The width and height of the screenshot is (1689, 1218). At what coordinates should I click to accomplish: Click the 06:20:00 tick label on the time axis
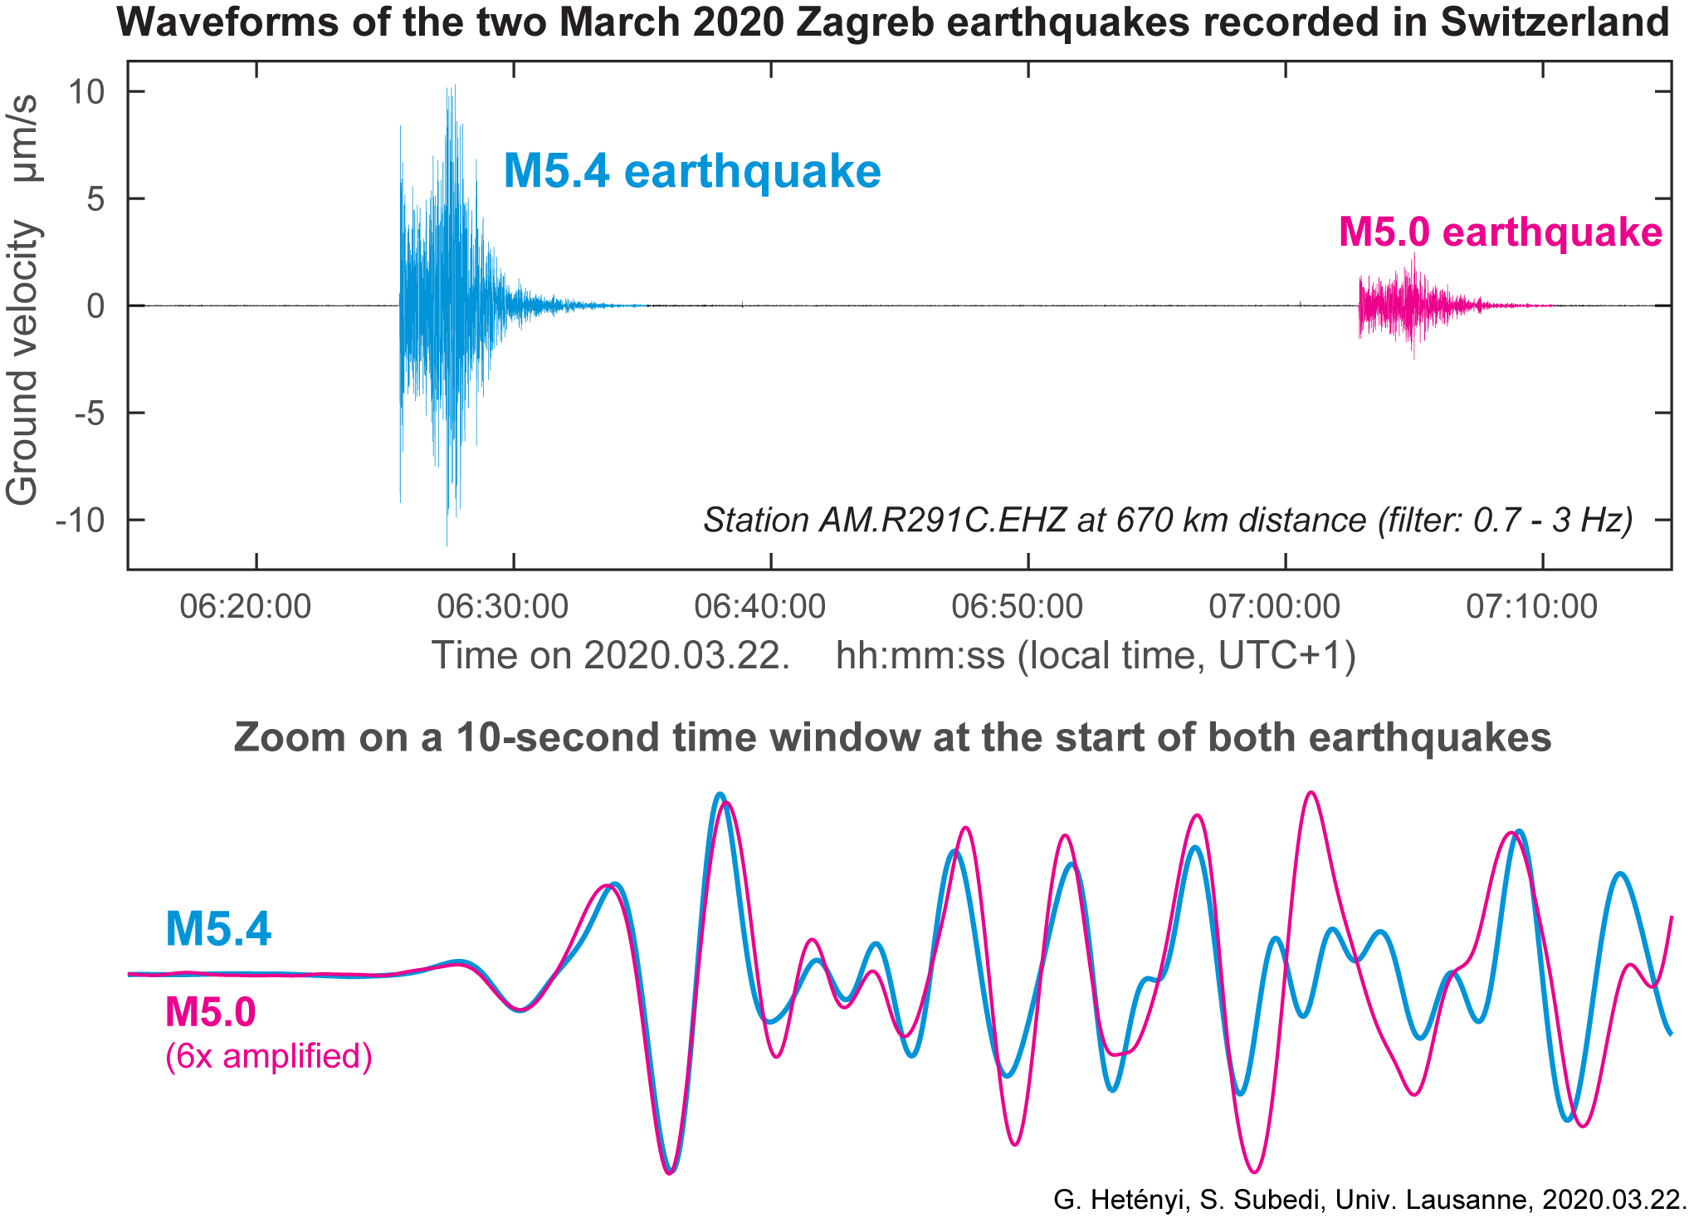tap(245, 607)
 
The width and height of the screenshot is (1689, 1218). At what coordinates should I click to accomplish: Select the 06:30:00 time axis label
tap(502, 607)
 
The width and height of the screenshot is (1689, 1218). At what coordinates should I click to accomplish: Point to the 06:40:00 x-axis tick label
tap(759, 607)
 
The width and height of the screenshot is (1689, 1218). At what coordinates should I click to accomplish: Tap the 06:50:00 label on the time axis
tap(1017, 607)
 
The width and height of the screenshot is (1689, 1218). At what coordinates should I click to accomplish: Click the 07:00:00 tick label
tap(1274, 607)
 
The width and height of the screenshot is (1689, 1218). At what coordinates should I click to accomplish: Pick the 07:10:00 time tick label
tap(1531, 607)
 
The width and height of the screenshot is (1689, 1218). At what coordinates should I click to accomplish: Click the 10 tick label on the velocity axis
tap(86, 91)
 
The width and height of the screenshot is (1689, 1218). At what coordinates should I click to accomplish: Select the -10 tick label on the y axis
tap(81, 521)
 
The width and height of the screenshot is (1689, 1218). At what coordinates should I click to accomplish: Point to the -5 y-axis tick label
tap(90, 413)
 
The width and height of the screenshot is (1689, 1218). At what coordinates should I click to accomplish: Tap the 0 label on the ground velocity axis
tap(96, 306)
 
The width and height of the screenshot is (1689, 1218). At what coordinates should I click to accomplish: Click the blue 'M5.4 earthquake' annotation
tap(691, 172)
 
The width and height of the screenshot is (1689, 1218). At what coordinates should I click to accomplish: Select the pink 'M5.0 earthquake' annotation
tap(1500, 232)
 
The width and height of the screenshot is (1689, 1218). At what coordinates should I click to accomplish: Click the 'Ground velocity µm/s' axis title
tap(23, 300)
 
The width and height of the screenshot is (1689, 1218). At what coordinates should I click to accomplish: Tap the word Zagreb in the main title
tap(862, 22)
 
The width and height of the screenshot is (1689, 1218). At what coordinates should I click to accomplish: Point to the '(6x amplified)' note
tap(268, 1056)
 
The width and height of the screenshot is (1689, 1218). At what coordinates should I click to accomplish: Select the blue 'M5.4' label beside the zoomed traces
tap(218, 928)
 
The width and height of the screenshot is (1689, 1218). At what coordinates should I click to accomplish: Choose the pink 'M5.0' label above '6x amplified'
tap(210, 1012)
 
